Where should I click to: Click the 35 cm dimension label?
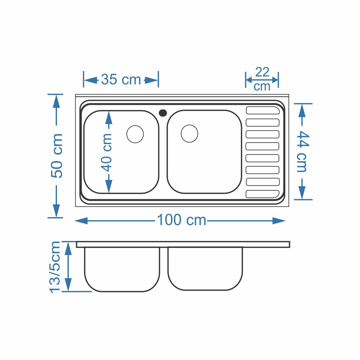(x=121, y=79)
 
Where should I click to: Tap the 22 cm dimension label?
(x=262, y=79)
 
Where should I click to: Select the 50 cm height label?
(x=57, y=155)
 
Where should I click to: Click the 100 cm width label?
(x=182, y=220)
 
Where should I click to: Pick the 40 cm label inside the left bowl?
(x=106, y=153)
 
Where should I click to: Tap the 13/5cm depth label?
(x=55, y=267)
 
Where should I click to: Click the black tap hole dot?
(x=163, y=113)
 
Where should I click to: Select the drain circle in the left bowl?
(x=135, y=134)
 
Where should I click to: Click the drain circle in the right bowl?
(x=189, y=134)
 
